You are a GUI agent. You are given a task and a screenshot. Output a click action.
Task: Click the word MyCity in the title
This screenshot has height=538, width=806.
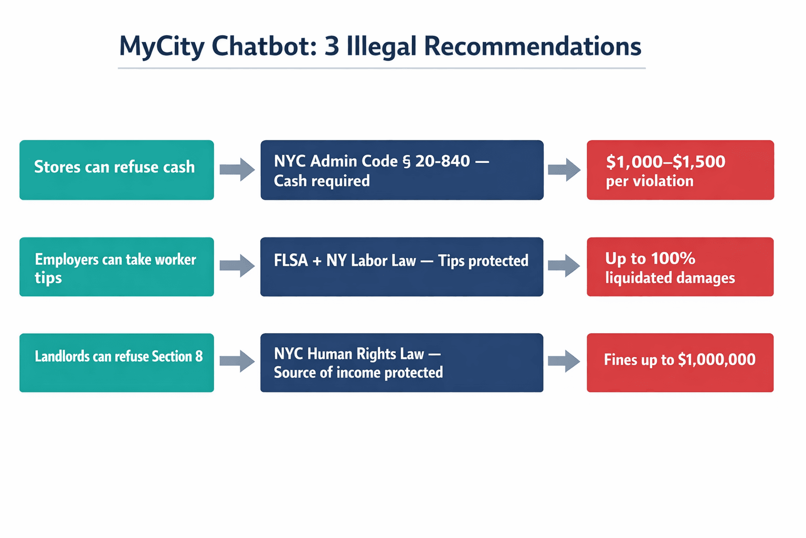point(161,46)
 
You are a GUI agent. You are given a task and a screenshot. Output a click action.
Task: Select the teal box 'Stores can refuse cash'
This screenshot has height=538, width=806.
point(116,170)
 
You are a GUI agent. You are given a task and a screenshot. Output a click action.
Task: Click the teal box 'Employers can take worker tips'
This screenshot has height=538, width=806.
point(116,267)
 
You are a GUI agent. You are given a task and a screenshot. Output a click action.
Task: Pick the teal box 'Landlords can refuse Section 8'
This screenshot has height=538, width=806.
point(116,363)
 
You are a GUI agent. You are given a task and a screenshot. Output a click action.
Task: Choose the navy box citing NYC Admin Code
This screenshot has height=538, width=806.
point(402,170)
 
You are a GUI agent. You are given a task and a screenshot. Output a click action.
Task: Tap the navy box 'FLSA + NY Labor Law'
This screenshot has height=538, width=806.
point(402,267)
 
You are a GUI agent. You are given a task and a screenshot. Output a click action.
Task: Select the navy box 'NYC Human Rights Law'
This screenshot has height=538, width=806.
point(402,363)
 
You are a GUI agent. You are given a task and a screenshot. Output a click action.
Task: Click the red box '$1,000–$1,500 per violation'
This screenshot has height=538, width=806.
point(680,170)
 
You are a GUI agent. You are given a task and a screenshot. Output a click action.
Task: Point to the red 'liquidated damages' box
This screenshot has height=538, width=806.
point(680,267)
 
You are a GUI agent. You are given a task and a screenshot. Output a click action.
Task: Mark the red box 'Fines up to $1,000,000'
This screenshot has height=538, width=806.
point(680,363)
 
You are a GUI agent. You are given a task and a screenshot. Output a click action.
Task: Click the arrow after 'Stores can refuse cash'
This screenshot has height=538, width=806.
point(237,169)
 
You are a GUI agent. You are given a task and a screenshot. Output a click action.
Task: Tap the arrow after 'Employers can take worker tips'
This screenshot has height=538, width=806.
point(237,265)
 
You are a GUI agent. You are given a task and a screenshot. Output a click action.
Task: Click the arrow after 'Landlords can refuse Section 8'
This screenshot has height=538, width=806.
point(237,361)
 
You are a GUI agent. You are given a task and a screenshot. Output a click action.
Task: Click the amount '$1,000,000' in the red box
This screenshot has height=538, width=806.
point(717,360)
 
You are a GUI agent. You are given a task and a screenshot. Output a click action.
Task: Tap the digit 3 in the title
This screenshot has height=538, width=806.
point(332,46)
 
